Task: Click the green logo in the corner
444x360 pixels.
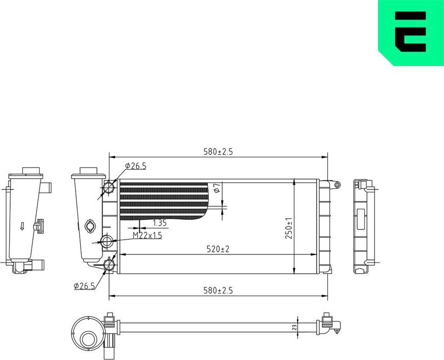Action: click(412, 32)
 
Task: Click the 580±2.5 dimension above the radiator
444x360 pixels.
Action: click(218, 151)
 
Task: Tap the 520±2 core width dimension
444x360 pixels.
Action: click(218, 249)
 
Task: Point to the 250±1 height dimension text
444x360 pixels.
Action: click(289, 228)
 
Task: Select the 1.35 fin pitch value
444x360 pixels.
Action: click(160, 222)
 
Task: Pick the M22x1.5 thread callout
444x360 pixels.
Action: click(147, 236)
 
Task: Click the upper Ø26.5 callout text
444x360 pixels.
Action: click(135, 166)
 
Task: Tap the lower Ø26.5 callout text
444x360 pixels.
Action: click(85, 286)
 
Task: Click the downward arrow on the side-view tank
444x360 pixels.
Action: click(22, 226)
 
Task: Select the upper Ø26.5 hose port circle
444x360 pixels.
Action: click(109, 187)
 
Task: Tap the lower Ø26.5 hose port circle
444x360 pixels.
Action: click(109, 264)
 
